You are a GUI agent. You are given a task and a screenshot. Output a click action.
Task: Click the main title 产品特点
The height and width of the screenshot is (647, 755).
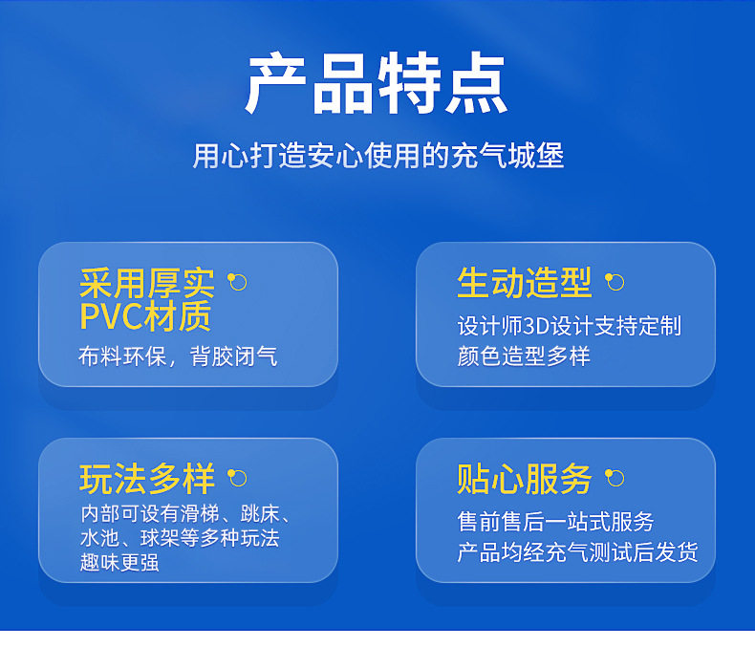point(377,83)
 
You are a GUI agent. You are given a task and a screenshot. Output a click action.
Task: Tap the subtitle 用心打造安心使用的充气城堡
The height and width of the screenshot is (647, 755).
point(378,156)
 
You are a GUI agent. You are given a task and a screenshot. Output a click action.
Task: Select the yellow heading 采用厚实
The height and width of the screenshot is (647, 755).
point(146,283)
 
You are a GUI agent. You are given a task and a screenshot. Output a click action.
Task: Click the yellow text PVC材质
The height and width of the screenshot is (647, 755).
point(145,315)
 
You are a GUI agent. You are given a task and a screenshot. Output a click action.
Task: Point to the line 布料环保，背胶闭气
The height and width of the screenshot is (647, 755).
point(178,356)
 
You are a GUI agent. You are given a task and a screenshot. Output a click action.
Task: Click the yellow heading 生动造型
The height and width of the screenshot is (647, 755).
point(524,283)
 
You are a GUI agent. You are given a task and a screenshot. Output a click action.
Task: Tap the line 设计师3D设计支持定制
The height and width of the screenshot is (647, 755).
point(570,326)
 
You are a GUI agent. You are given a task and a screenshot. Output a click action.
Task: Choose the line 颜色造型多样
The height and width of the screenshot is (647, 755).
point(524,356)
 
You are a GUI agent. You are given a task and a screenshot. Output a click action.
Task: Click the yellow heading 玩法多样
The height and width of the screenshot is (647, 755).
point(147,479)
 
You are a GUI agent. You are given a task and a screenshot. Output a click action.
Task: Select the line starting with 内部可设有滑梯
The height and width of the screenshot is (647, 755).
point(185,514)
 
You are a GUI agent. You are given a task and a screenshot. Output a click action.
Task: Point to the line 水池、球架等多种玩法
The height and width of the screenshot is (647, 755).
point(180,538)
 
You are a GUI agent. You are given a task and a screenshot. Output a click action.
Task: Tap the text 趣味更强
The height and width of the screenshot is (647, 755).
point(119,562)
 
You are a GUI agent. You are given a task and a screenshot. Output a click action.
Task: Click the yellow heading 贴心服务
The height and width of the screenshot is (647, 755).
point(524,479)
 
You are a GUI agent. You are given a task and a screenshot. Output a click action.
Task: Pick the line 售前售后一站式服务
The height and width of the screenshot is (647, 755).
point(555,522)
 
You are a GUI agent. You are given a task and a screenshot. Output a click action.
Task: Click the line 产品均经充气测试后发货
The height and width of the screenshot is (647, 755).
point(578,552)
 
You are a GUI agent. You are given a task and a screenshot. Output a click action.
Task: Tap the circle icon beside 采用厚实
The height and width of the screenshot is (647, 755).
point(237,282)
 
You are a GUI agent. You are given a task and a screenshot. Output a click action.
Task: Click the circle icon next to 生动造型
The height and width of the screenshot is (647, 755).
point(615,282)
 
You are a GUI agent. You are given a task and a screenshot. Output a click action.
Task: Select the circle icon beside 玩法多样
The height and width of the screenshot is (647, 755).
point(237,478)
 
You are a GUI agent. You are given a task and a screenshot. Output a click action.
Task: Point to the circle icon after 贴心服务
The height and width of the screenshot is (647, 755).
point(615,478)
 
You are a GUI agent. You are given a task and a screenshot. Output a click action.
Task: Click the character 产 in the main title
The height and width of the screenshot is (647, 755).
point(275,83)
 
